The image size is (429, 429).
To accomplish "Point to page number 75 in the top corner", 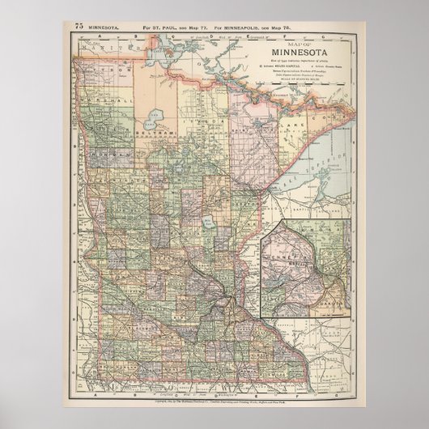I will point(79,26).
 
